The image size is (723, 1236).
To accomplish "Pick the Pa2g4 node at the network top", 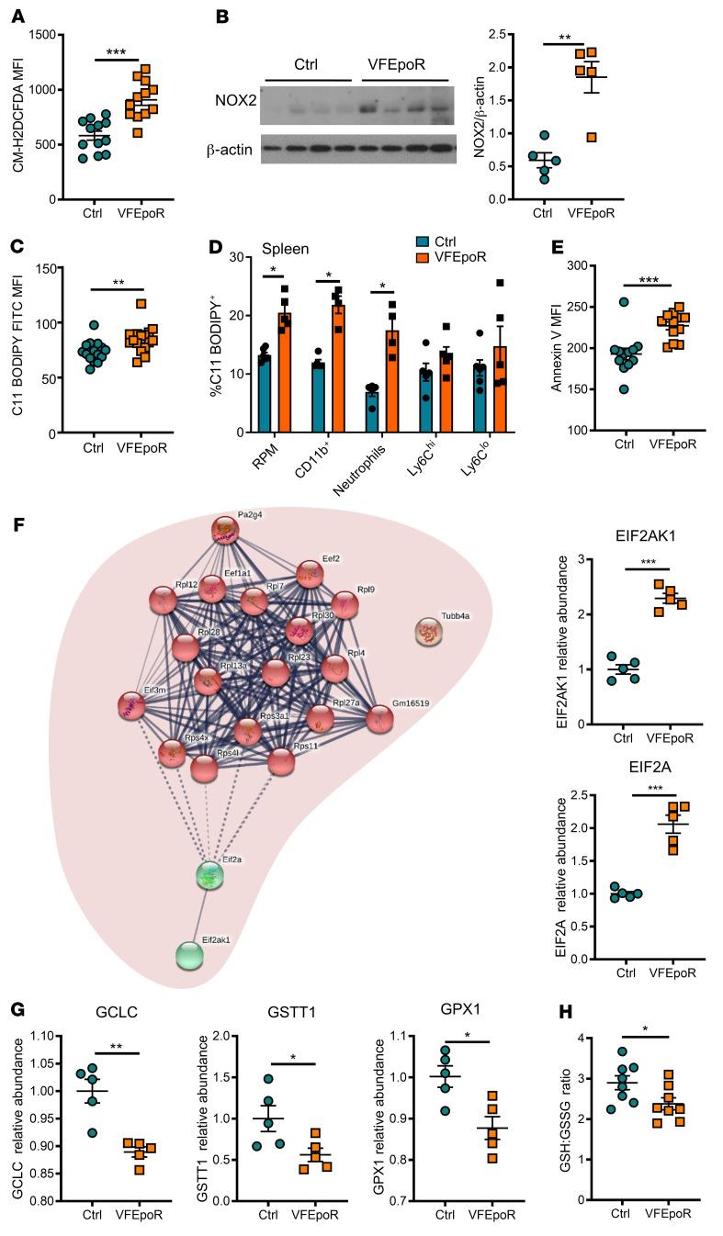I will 225,531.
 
